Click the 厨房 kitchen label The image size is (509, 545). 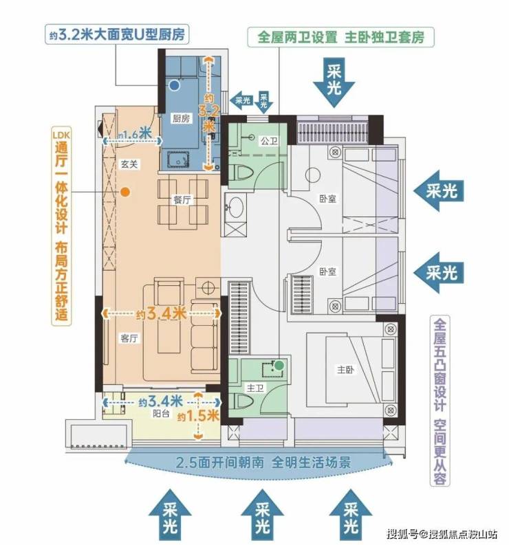click(x=182, y=118)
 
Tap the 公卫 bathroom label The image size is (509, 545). click(x=269, y=141)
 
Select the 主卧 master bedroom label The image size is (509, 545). click(x=345, y=369)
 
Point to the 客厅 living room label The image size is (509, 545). click(x=129, y=338)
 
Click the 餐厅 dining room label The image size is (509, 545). click(x=182, y=200)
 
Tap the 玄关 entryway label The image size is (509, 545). click(x=129, y=164)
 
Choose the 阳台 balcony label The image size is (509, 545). click(x=161, y=414)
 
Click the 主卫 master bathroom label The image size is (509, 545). click(x=255, y=388)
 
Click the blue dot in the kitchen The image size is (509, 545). click(x=175, y=85)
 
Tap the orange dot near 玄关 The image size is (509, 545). click(x=125, y=192)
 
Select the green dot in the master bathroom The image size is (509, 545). click(x=279, y=366)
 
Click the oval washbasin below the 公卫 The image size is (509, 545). click(x=236, y=208)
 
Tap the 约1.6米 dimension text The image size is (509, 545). click(x=134, y=134)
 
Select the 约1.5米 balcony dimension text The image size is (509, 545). click(x=198, y=416)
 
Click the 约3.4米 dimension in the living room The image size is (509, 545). click(x=162, y=314)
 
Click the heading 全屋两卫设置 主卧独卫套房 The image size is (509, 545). click(x=341, y=37)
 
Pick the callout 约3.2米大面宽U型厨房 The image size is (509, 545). click(x=116, y=34)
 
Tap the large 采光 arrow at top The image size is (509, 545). click(x=334, y=82)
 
